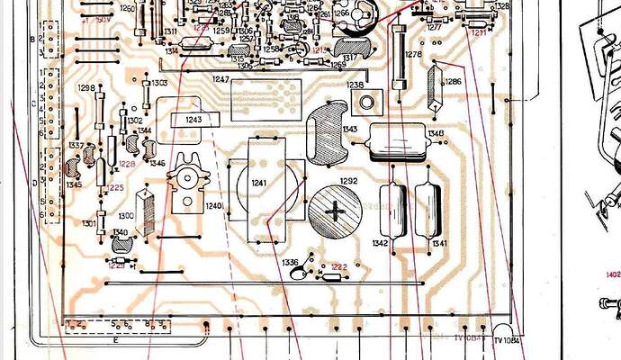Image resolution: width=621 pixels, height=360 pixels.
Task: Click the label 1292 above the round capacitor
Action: click(x=348, y=181)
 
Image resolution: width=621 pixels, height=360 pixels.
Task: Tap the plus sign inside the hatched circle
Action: click(x=337, y=212)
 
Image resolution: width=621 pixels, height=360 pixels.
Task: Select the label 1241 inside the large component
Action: click(x=259, y=184)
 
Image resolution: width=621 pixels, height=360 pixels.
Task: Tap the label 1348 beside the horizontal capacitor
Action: click(x=436, y=134)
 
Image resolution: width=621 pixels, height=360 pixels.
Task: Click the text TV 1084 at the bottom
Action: click(x=508, y=340)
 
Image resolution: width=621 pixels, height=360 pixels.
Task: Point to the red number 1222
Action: click(x=338, y=266)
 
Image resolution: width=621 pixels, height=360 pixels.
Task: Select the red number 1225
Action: click(x=115, y=187)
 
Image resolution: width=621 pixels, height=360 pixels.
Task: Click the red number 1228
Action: click(x=127, y=164)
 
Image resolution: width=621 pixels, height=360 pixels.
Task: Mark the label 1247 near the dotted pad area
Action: click(x=221, y=80)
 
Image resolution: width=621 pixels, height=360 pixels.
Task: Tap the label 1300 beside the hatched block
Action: click(x=126, y=216)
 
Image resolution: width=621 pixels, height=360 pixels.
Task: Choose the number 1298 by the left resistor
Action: click(x=86, y=88)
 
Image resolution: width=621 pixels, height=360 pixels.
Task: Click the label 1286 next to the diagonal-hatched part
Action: click(x=453, y=81)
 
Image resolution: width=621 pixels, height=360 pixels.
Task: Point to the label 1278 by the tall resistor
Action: click(x=413, y=55)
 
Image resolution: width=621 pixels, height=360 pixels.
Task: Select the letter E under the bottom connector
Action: click(x=115, y=339)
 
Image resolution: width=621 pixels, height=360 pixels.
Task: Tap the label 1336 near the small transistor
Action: click(x=291, y=262)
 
